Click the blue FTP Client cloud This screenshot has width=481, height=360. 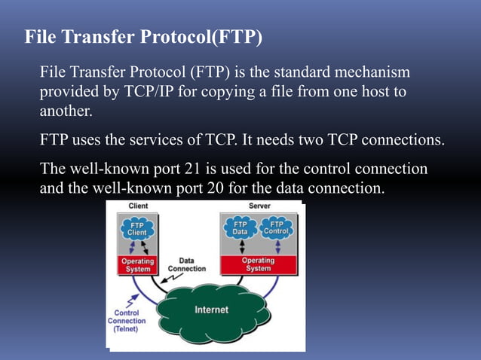point(136,229)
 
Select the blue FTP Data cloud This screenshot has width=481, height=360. point(239,228)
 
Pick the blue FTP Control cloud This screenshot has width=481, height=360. point(276,228)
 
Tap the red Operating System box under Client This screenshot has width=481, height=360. point(136,264)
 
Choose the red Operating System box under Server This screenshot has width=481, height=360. point(258,264)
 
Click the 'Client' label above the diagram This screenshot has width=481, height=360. point(136,206)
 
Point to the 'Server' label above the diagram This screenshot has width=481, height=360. point(259,206)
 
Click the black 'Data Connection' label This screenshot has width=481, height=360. point(185,264)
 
